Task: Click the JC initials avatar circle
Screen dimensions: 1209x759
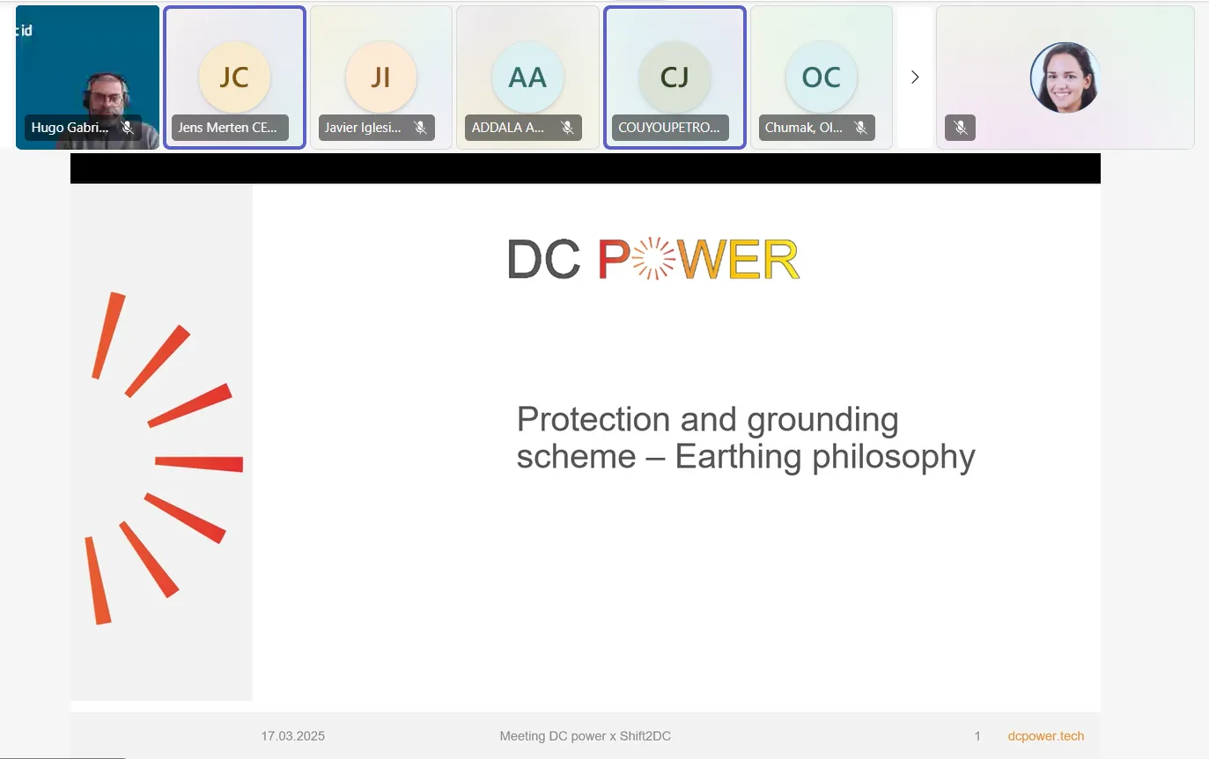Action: (234, 77)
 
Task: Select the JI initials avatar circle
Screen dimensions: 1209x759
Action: (381, 77)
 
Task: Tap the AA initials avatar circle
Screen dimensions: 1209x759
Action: (527, 77)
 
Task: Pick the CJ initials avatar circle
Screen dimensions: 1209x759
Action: (675, 77)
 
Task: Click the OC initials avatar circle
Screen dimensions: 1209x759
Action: (822, 77)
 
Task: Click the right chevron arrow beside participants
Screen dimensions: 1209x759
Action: (915, 77)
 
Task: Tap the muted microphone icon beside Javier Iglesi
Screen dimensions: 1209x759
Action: (420, 128)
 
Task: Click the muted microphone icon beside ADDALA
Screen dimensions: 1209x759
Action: (567, 128)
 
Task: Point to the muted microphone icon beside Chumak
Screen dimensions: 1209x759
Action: (860, 128)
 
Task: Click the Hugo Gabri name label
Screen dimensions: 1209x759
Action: (70, 128)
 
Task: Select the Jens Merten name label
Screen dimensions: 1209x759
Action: (227, 128)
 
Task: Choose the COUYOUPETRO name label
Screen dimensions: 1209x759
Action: (668, 128)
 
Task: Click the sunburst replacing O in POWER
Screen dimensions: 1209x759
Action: (653, 259)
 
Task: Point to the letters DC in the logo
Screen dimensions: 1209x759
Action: (543, 260)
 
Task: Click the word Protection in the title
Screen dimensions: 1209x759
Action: (593, 419)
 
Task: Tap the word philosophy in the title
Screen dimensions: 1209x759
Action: (893, 458)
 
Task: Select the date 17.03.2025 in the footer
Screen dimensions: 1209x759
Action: (293, 736)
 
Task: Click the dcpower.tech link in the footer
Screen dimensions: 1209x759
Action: (1045, 736)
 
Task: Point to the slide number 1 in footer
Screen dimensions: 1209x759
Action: (977, 736)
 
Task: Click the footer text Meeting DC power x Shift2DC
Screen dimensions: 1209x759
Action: (585, 736)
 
